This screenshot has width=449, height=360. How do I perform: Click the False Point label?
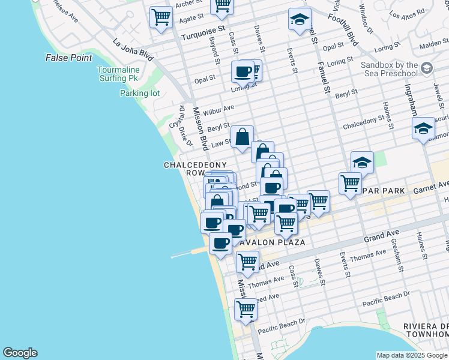69,58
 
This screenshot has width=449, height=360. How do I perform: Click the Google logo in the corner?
20,353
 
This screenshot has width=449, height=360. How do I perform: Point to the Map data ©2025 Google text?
412,355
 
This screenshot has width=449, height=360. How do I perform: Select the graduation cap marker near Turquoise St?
300,20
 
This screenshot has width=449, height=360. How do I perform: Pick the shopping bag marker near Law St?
242,137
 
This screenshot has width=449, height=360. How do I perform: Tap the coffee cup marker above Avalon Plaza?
221,243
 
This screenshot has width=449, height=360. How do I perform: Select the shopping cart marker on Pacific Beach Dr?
246,309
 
